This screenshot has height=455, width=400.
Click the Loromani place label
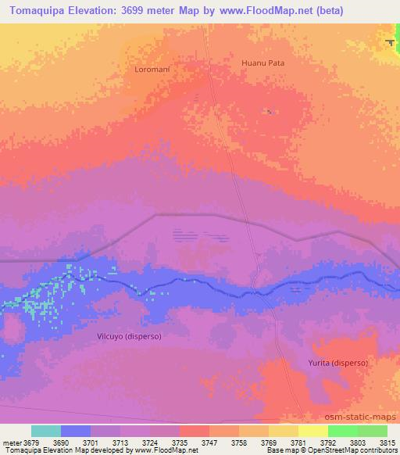click(x=152, y=69)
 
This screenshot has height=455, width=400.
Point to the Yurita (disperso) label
click(x=337, y=363)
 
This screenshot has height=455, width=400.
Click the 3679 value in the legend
click(x=32, y=442)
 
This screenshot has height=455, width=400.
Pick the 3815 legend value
click(x=387, y=442)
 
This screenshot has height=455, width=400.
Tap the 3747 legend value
click(x=209, y=442)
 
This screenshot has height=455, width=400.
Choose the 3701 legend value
click(x=91, y=442)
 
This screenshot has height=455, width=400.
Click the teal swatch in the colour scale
click(x=46, y=431)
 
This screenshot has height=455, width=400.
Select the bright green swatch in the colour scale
click(x=342, y=431)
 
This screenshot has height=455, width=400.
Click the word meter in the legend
click(x=11, y=442)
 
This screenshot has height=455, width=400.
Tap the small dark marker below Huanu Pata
click(x=270, y=111)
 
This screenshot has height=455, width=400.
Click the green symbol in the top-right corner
click(x=390, y=42)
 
